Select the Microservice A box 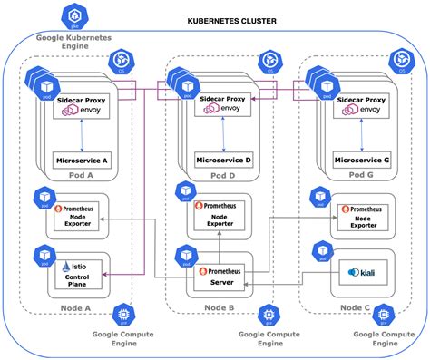[82, 160]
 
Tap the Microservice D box [224, 160]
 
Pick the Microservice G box [363, 160]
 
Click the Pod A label [83, 174]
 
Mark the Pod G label [364, 174]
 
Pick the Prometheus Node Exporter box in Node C [362, 215]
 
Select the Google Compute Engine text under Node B [266, 339]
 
